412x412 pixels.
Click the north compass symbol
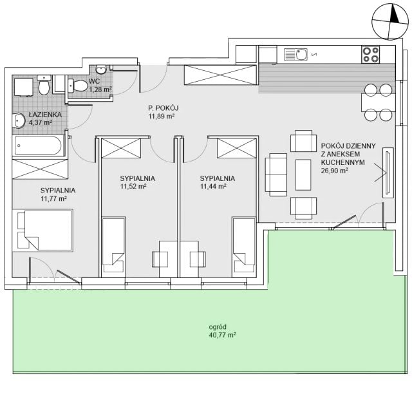(x=390, y=22)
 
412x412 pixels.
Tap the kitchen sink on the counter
(x=295, y=54)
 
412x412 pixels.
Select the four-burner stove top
(x=370, y=55)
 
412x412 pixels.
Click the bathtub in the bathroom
(x=38, y=145)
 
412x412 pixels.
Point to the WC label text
(x=94, y=81)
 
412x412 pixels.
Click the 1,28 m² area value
(x=100, y=89)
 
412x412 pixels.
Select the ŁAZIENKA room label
(x=45, y=115)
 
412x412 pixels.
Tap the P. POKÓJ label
(x=164, y=108)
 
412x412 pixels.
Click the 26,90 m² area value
(x=335, y=171)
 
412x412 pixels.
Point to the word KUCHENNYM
(x=343, y=162)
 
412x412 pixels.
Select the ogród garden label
(x=218, y=327)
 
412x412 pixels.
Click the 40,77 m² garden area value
(x=222, y=335)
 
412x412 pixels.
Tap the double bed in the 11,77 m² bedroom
(x=42, y=230)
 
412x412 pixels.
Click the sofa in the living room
(x=276, y=174)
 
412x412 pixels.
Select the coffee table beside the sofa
(x=303, y=174)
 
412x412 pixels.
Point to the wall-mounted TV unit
(x=388, y=173)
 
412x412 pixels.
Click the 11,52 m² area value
(x=133, y=187)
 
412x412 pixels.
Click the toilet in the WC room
(x=78, y=86)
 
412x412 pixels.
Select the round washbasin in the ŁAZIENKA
(x=19, y=120)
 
